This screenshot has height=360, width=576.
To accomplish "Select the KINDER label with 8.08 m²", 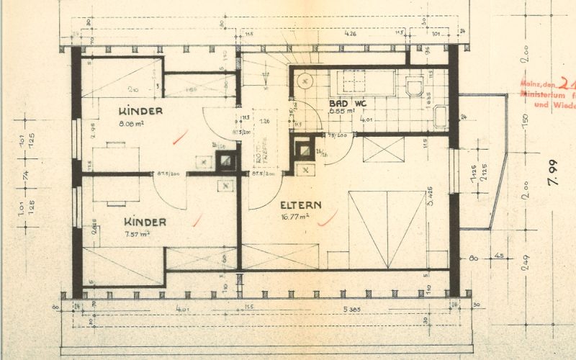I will pos(141,112).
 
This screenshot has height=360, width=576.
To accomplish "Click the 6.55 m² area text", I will pos(341,112).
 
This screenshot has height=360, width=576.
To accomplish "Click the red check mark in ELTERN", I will pos(328,217).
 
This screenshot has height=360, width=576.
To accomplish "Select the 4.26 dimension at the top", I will pos(351,33).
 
